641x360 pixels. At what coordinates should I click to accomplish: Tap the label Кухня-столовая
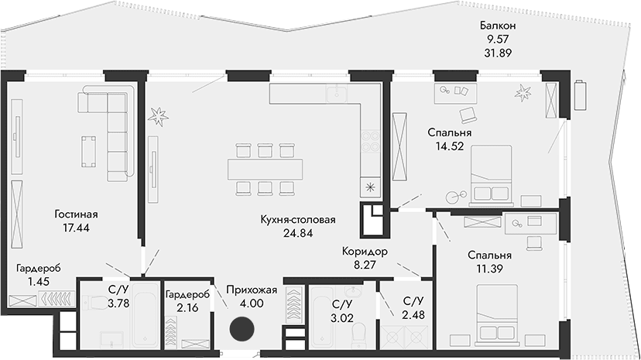click(298, 220)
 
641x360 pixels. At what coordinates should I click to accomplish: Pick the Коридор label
click(365, 252)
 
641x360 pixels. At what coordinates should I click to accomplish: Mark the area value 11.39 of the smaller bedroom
click(489, 269)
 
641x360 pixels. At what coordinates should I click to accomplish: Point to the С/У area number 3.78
click(118, 304)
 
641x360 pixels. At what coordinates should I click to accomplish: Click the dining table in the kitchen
click(265, 167)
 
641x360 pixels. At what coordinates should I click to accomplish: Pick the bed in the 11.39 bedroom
click(502, 314)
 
